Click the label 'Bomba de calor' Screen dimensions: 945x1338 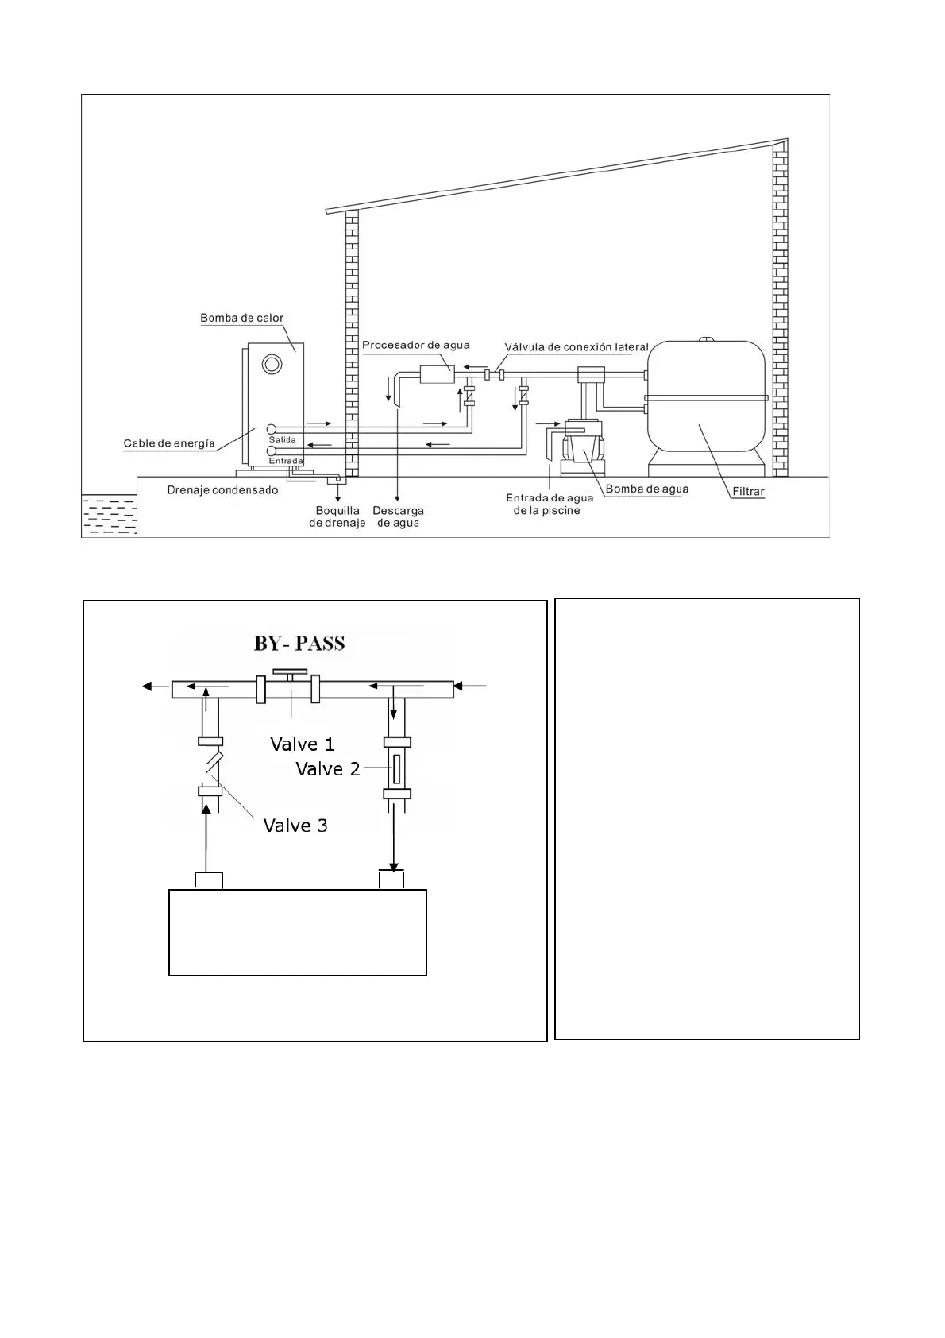tap(241, 319)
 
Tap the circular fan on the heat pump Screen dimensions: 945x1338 tap(272, 364)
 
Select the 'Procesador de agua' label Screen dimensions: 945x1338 tap(415, 345)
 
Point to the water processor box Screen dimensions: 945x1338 tap(436, 373)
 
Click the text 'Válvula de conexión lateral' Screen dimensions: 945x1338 tap(577, 347)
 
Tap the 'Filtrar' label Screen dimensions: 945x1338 tap(748, 492)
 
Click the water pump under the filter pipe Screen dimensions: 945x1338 tap(584, 450)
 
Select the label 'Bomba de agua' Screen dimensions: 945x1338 tap(647, 489)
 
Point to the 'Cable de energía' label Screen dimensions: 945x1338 tap(169, 443)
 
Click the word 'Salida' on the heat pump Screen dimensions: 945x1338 tap(282, 439)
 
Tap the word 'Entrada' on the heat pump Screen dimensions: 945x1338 tap(285, 461)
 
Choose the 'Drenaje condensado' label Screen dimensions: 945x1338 tap(222, 490)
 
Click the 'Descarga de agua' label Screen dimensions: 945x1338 tap(398, 516)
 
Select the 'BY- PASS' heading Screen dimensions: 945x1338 tap(299, 643)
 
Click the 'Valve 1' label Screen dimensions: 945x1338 tap(302, 744)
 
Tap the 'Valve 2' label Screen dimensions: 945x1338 tap(327, 769)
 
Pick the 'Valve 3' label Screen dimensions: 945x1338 tap(295, 826)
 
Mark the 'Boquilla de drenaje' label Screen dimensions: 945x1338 tap(337, 516)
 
